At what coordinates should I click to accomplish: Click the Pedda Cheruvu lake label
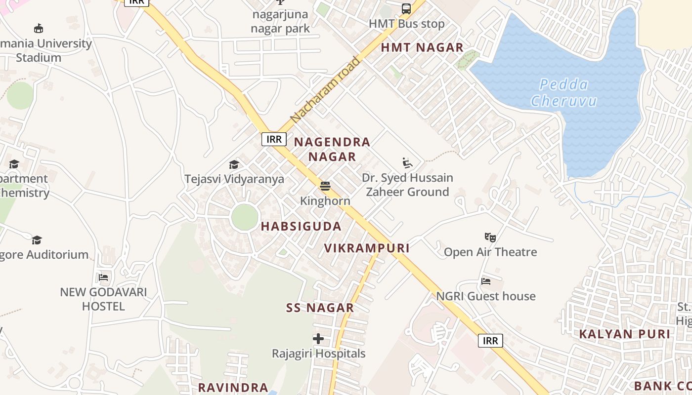tap(563, 93)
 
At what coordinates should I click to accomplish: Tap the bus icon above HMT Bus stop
tap(406, 9)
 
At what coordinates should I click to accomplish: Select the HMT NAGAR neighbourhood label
tap(422, 47)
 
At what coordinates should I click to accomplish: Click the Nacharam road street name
tap(325, 90)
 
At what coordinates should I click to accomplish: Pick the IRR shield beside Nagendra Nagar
tap(274, 139)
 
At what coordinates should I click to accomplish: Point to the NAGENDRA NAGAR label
tap(332, 149)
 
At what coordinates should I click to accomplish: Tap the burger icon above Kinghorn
tap(325, 186)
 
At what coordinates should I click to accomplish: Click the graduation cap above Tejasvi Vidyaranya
tap(234, 164)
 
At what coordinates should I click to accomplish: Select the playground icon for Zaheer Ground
tap(407, 163)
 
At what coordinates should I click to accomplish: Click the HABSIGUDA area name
tap(301, 227)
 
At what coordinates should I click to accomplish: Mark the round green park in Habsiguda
tap(245, 217)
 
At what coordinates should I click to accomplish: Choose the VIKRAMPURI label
tap(367, 248)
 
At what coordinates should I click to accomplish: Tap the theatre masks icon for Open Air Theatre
tap(490, 237)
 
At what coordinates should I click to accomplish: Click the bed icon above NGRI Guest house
tap(486, 281)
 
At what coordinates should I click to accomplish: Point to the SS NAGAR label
tap(320, 308)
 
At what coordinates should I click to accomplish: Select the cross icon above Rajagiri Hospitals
tap(318, 339)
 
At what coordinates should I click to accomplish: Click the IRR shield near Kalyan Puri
tap(490, 341)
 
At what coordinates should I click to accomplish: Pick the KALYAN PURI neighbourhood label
tap(624, 334)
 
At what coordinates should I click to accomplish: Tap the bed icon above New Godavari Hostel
tap(103, 277)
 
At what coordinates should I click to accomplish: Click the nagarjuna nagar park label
tap(280, 21)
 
